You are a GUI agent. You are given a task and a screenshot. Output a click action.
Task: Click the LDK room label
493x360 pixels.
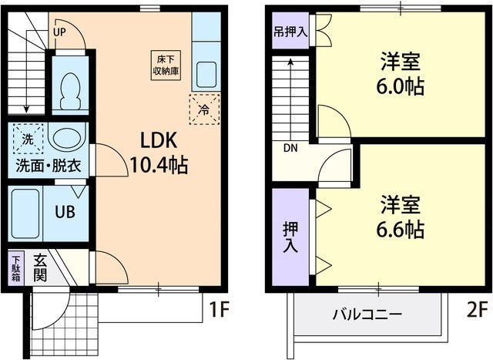[159, 140]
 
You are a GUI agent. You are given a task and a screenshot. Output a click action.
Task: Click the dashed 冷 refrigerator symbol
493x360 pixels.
[204, 108]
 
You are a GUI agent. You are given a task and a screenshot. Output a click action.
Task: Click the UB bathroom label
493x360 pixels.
[64, 210]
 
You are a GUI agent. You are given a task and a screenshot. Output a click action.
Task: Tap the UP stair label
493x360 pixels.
[60, 32]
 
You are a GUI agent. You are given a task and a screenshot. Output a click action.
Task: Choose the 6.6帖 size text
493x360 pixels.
[401, 228]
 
